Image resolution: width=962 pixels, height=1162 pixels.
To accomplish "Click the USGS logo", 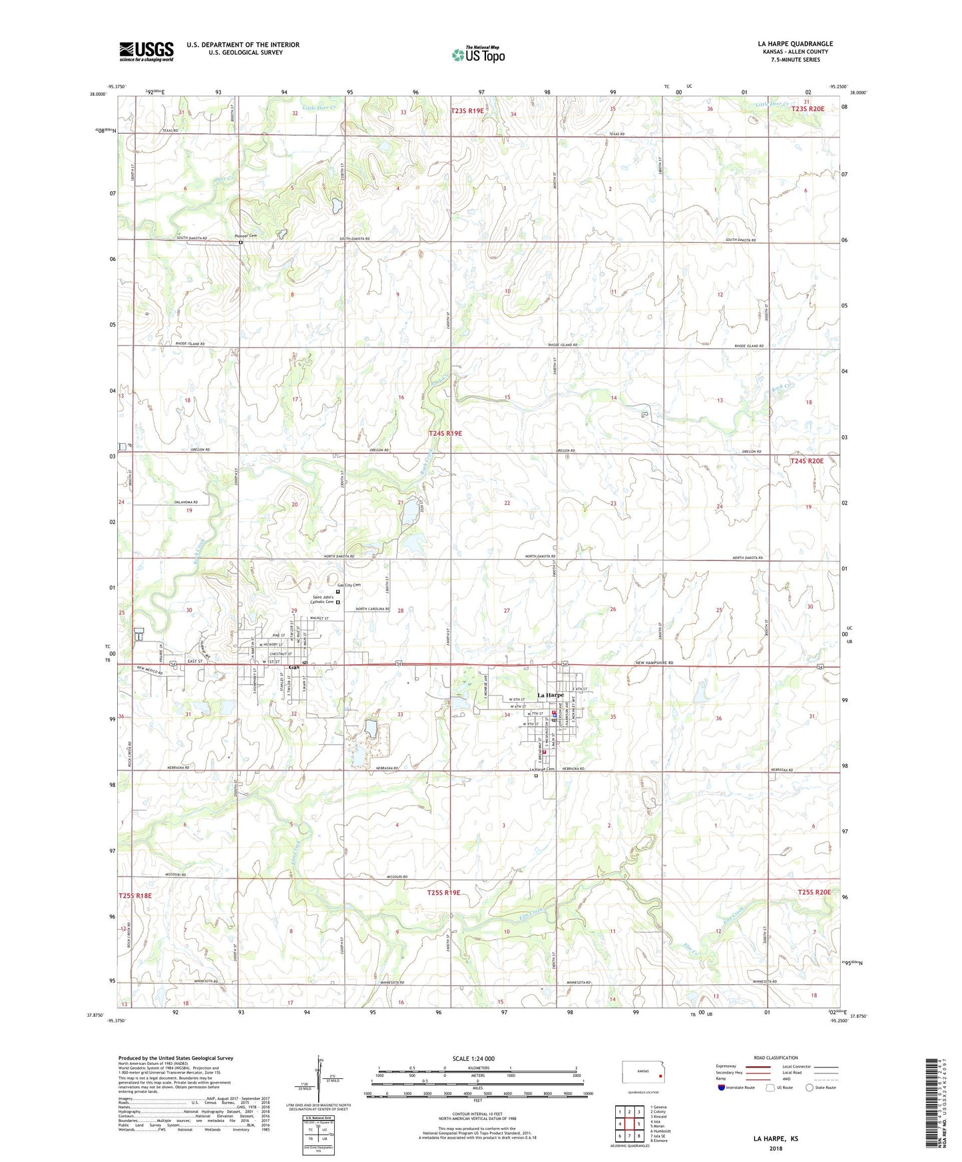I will tap(146, 51).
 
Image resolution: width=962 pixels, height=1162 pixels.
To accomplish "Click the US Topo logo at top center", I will tap(478, 54).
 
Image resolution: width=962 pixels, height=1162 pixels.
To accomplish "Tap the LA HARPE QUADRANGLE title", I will tap(795, 44).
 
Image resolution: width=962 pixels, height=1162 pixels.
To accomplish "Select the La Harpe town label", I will tap(551, 695).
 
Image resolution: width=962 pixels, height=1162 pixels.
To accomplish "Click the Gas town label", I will tap(293, 668).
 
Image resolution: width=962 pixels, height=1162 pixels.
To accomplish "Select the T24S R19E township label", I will tap(445, 433).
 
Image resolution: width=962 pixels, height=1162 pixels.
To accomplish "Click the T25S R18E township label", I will tap(135, 895).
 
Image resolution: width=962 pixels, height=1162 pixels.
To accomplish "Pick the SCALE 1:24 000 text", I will tap(473, 1058).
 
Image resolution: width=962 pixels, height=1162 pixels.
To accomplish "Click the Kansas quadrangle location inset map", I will tap(642, 1075).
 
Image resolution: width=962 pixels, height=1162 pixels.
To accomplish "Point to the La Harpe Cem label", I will tap(542, 770).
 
